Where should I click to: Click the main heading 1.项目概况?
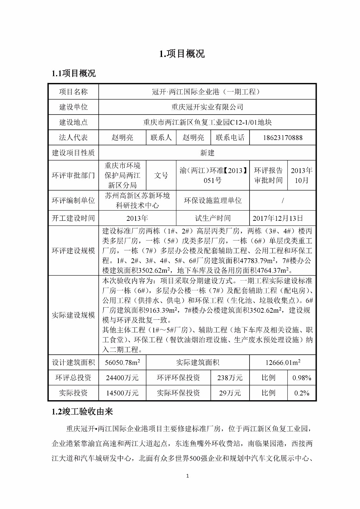(x=182, y=54)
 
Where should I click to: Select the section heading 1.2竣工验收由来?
(x=82, y=412)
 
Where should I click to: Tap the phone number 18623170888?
(x=283, y=138)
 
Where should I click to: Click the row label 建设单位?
(x=73, y=107)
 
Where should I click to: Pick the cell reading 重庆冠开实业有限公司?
(x=207, y=107)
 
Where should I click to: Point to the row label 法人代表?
(x=73, y=138)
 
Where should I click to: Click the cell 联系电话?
(x=230, y=138)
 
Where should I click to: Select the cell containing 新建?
(x=207, y=153)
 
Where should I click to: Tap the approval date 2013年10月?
(x=301, y=175)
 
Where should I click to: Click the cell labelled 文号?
(x=161, y=175)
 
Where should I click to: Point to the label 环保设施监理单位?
(x=213, y=200)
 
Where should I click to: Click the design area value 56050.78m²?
(x=123, y=363)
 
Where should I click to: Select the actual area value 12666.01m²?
(x=283, y=363)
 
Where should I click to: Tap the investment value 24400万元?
(x=123, y=378)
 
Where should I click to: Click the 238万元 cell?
(x=230, y=378)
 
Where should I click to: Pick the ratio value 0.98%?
(x=301, y=378)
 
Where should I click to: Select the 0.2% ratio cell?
(x=301, y=393)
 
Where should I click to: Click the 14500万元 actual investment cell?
(x=123, y=393)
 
